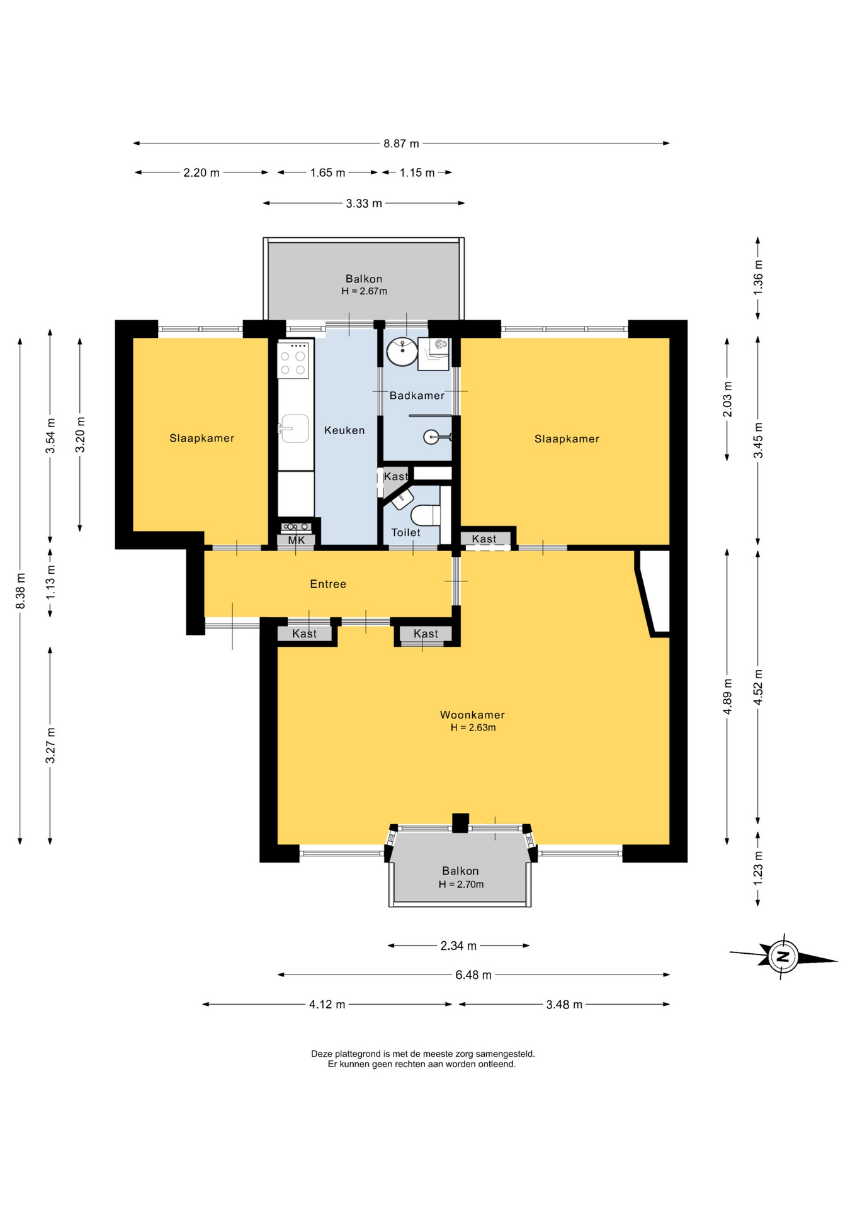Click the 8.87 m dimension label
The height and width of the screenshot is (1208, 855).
tap(401, 143)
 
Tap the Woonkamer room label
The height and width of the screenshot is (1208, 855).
tap(472, 715)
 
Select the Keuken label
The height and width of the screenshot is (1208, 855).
tap(344, 430)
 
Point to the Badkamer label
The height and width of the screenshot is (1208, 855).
tap(417, 396)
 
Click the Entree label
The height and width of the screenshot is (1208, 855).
tap(328, 584)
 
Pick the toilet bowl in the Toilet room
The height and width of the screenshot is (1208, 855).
tap(426, 515)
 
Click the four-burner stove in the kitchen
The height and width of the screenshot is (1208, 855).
tap(293, 360)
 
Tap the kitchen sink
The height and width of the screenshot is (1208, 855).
tap(295, 428)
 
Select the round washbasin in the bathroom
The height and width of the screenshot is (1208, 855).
tap(402, 352)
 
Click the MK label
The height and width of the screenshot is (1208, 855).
tap(297, 540)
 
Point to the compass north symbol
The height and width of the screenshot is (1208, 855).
tap(783, 957)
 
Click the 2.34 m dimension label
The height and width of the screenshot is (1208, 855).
tap(458, 946)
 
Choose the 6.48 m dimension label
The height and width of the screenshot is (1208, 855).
tap(473, 975)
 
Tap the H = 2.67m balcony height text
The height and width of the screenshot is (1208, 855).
tap(364, 291)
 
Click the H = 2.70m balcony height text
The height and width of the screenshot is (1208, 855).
tap(461, 885)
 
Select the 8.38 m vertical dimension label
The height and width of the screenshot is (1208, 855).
tap(21, 591)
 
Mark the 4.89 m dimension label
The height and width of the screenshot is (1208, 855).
tap(728, 696)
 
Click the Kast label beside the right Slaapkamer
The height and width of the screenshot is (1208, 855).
tap(484, 539)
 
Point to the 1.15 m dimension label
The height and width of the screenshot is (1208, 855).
tap(417, 172)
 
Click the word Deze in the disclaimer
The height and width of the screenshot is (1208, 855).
tap(322, 1054)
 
